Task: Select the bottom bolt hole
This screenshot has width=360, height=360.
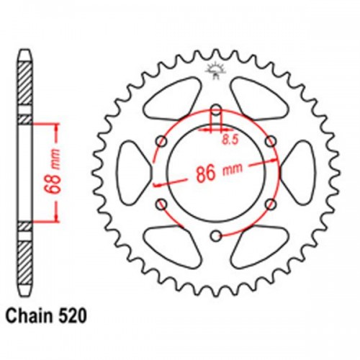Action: tap(215, 235)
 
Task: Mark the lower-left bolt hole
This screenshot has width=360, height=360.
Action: tap(161, 204)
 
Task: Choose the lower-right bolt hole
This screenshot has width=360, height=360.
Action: tap(270, 204)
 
